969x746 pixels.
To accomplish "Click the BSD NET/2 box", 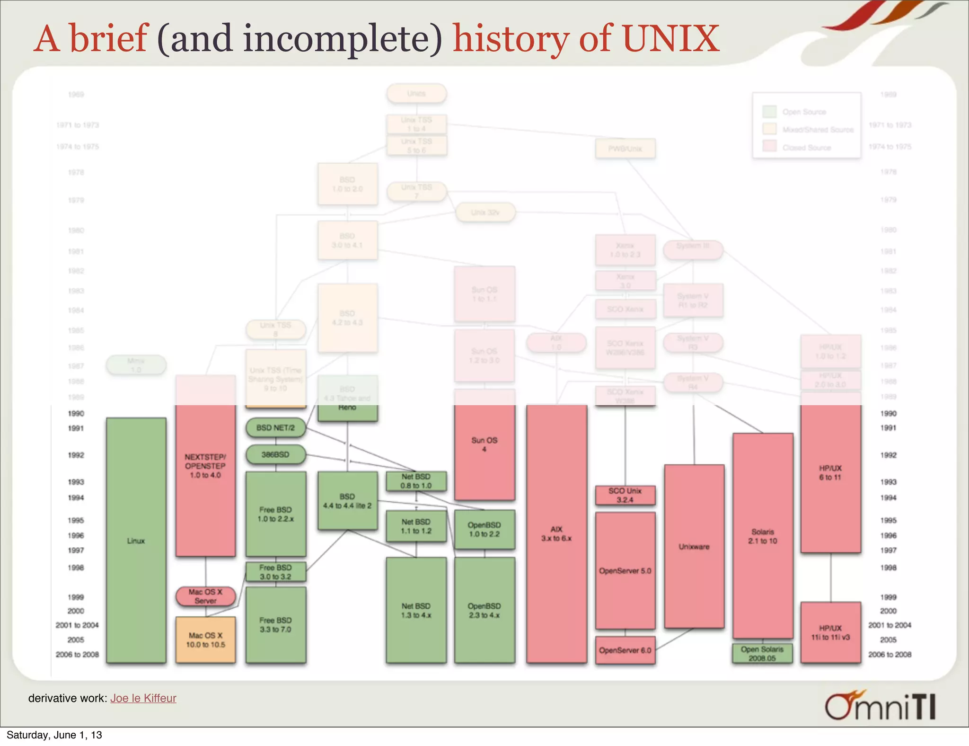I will click(x=275, y=428).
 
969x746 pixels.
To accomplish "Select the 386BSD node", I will click(x=275, y=455).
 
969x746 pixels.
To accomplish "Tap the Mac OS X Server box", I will click(x=205, y=596).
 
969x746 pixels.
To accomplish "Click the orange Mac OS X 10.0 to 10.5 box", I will click(x=205, y=639).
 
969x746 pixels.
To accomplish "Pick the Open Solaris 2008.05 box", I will click(x=762, y=654).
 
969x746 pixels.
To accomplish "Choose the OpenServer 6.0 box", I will click(x=625, y=650).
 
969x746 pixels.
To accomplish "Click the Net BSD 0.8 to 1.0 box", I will click(x=416, y=481).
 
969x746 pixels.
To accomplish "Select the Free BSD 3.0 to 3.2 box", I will click(x=275, y=572).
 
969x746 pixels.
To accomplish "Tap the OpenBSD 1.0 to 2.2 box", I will click(x=484, y=529).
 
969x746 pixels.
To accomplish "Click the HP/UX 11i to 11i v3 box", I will click(x=830, y=632).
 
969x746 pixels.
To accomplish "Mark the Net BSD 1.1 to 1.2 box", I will click(x=416, y=526).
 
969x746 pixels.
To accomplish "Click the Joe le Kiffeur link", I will click(x=143, y=698).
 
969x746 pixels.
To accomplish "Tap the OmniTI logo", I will click(x=880, y=706).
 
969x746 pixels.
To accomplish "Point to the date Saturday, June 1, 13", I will click(x=54, y=735).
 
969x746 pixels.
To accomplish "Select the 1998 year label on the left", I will click(x=76, y=568).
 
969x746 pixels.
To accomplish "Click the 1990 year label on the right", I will click(x=888, y=414).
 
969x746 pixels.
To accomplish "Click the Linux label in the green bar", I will click(x=136, y=541).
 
